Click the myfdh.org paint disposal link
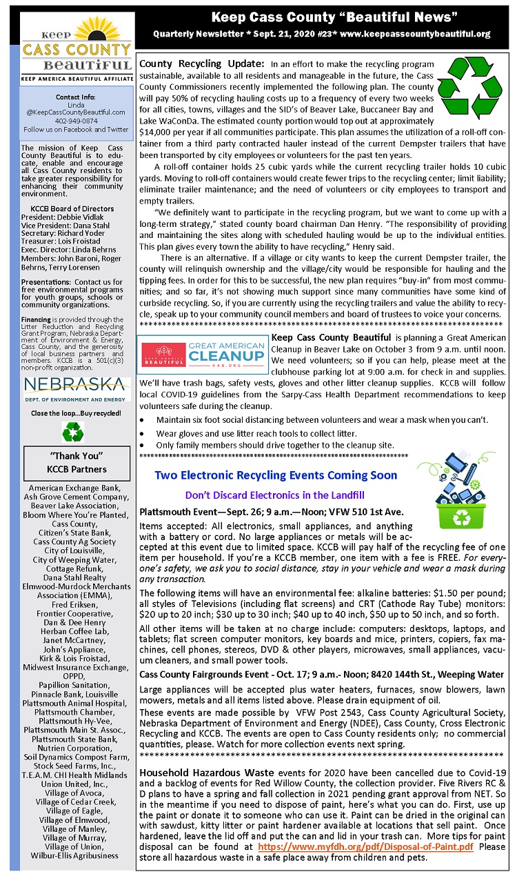pos(365,847)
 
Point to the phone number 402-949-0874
pos(76,120)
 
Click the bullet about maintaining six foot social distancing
pos(323,420)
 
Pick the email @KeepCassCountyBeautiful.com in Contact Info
pos(76,112)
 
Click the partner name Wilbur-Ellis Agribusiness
pos(76,856)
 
